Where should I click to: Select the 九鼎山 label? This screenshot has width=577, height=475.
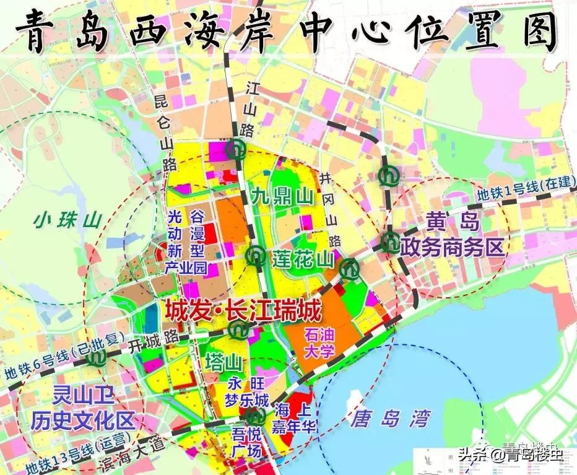point(283,198)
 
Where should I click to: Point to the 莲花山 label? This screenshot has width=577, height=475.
point(302,259)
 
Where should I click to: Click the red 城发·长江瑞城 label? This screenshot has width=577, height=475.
point(243,309)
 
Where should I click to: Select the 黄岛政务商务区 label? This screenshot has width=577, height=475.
point(452,236)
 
